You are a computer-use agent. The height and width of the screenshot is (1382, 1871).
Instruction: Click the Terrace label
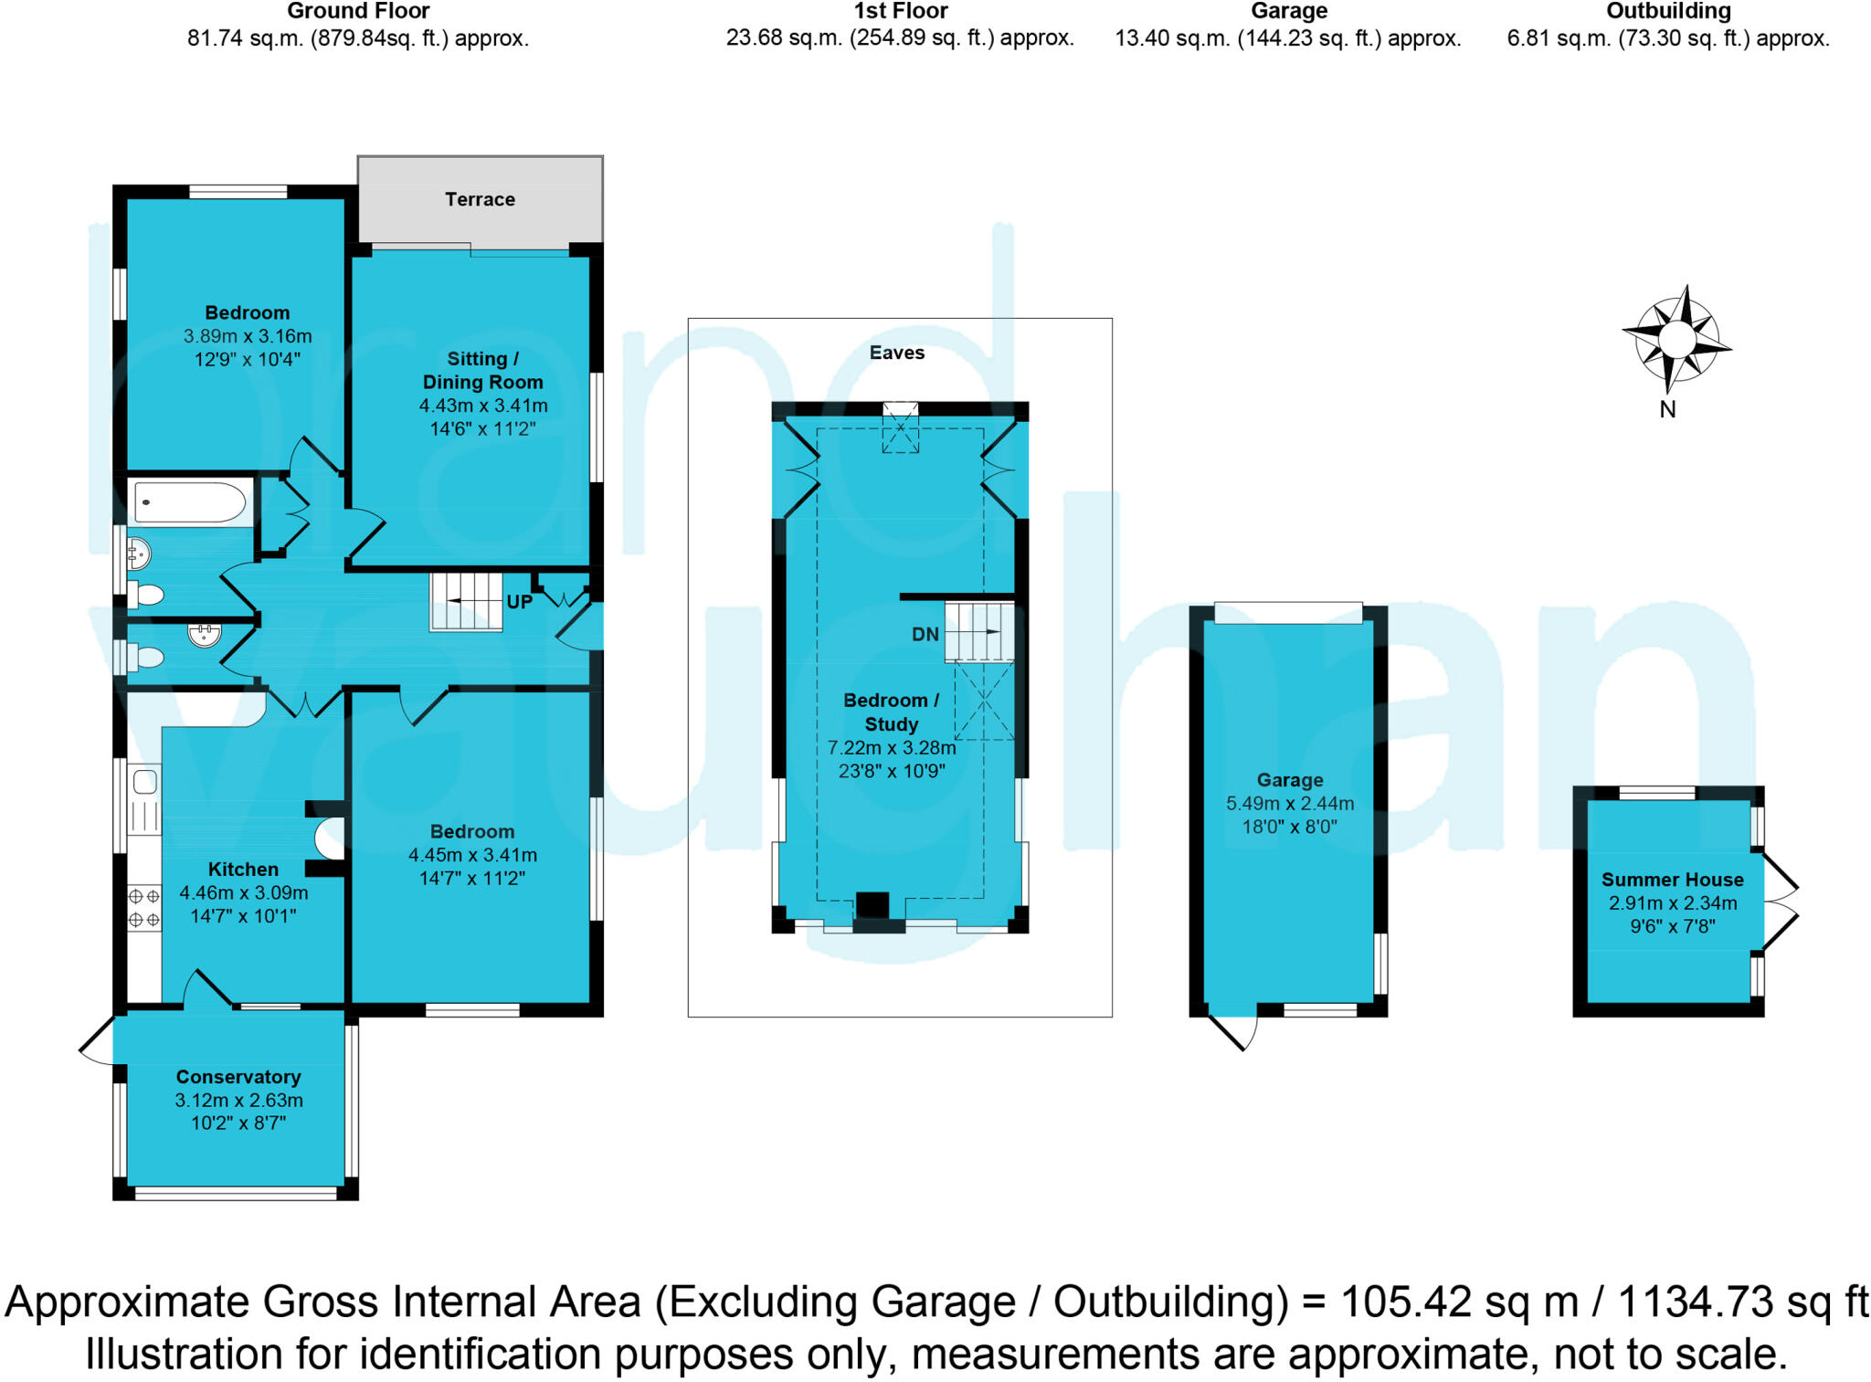[480, 199]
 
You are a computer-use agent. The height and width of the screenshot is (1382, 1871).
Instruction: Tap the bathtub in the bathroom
[190, 502]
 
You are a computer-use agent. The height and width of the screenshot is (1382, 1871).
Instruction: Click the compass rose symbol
[1676, 340]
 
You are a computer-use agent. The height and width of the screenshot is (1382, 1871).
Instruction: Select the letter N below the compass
[1667, 410]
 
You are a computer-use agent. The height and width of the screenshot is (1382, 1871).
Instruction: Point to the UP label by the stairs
[519, 602]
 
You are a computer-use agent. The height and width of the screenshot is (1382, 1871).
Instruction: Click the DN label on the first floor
[925, 634]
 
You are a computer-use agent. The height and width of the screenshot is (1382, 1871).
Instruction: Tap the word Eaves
[896, 353]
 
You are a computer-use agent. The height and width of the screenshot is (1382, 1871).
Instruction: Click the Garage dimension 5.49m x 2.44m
[1289, 804]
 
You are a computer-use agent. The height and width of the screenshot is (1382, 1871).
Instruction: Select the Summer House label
[1672, 880]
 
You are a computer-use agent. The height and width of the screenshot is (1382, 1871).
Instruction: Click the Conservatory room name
[238, 1077]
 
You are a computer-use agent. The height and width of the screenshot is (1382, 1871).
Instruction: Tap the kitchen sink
[145, 782]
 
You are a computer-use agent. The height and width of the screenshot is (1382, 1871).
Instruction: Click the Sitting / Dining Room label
[482, 370]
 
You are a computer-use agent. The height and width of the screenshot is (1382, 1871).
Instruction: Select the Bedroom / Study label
[891, 712]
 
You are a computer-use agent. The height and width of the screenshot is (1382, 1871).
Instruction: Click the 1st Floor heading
[900, 12]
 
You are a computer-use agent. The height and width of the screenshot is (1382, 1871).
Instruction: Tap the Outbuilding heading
[1668, 12]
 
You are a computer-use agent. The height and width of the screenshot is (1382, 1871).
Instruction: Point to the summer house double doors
[1780, 901]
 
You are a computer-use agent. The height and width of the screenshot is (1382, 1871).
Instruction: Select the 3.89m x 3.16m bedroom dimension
[248, 336]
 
